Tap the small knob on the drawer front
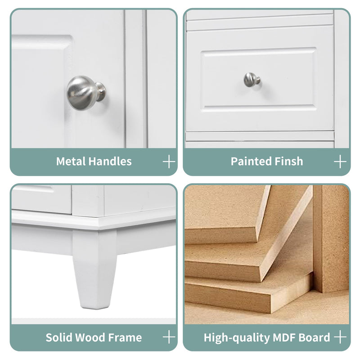click(x=252, y=80)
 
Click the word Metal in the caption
click(x=71, y=162)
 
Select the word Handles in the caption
click(x=110, y=162)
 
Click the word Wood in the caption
click(x=90, y=337)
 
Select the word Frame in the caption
click(x=125, y=337)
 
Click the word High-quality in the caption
click(x=237, y=338)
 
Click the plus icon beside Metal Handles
click(x=169, y=162)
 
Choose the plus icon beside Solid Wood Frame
click(x=169, y=337)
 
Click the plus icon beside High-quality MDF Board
click(x=340, y=337)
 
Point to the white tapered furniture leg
click(x=94, y=269)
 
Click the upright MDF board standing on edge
click(x=331, y=239)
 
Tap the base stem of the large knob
click(x=101, y=92)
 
